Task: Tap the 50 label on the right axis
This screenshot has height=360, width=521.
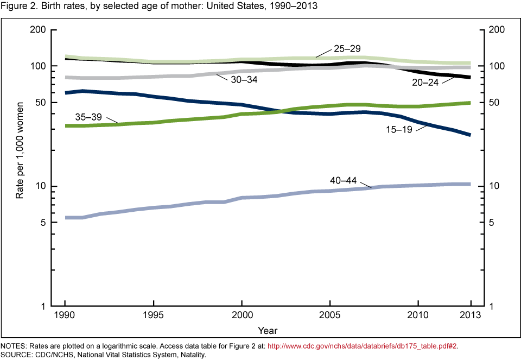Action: click(494, 103)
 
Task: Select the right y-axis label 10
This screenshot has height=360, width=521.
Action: click(494, 186)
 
